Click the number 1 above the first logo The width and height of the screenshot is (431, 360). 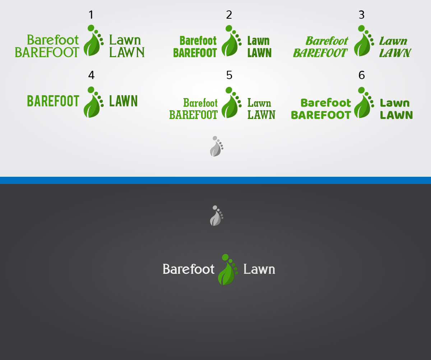(x=91, y=15)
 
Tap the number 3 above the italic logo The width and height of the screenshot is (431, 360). (x=361, y=15)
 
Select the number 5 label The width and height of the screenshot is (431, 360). (x=229, y=75)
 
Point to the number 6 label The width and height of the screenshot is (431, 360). (x=361, y=75)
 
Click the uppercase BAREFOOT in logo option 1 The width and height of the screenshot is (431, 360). (x=47, y=52)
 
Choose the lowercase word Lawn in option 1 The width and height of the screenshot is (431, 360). (x=125, y=40)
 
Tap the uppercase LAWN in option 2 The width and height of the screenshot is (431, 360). (x=259, y=53)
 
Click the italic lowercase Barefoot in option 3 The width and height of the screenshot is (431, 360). (x=327, y=41)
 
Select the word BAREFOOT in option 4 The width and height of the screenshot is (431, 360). (x=53, y=101)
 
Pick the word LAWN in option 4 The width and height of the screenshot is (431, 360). (x=123, y=101)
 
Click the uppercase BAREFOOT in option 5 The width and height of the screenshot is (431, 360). (x=194, y=115)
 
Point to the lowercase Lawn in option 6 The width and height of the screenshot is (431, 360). (x=395, y=103)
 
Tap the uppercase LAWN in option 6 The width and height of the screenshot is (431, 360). (x=396, y=115)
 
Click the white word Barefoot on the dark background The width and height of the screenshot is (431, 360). (x=189, y=269)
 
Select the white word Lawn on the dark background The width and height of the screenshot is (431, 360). (x=259, y=269)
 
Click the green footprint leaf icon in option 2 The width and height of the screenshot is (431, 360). (x=231, y=41)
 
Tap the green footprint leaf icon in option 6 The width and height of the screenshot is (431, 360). (x=364, y=102)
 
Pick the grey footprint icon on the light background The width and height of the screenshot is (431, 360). (x=217, y=146)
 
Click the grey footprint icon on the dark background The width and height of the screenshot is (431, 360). (x=217, y=216)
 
